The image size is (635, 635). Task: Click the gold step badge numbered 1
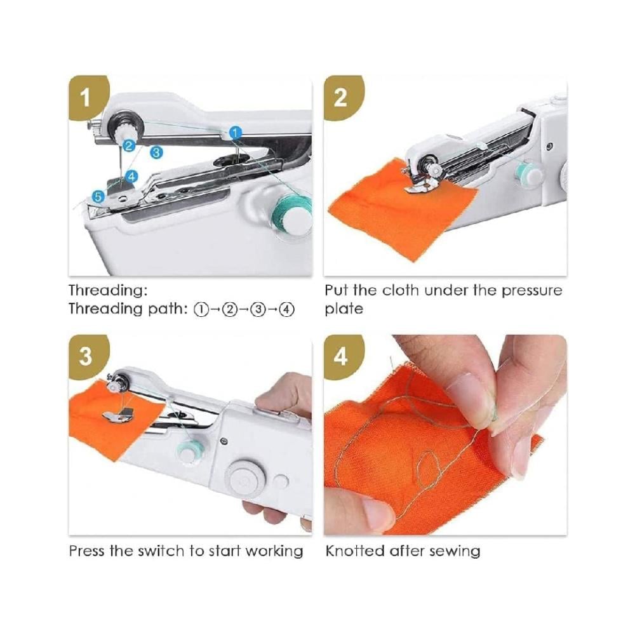[x=86, y=97]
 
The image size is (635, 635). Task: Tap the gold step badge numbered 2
[x=342, y=97]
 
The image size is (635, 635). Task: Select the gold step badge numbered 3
[x=86, y=356]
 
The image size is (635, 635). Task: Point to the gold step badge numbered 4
[x=342, y=356]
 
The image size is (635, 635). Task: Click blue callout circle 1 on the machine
[x=236, y=132]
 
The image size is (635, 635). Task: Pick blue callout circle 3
[x=156, y=152]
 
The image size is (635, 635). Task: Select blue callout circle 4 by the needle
[x=131, y=176]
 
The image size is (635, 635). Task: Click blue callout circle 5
[x=98, y=196]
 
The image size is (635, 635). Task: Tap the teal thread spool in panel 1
[x=290, y=213]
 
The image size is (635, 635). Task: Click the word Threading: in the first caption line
[x=108, y=291]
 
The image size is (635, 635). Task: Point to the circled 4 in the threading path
[x=287, y=310]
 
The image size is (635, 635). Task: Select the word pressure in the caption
[x=532, y=291]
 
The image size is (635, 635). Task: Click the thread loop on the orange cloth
[x=429, y=470]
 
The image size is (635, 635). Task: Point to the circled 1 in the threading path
[x=201, y=310]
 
